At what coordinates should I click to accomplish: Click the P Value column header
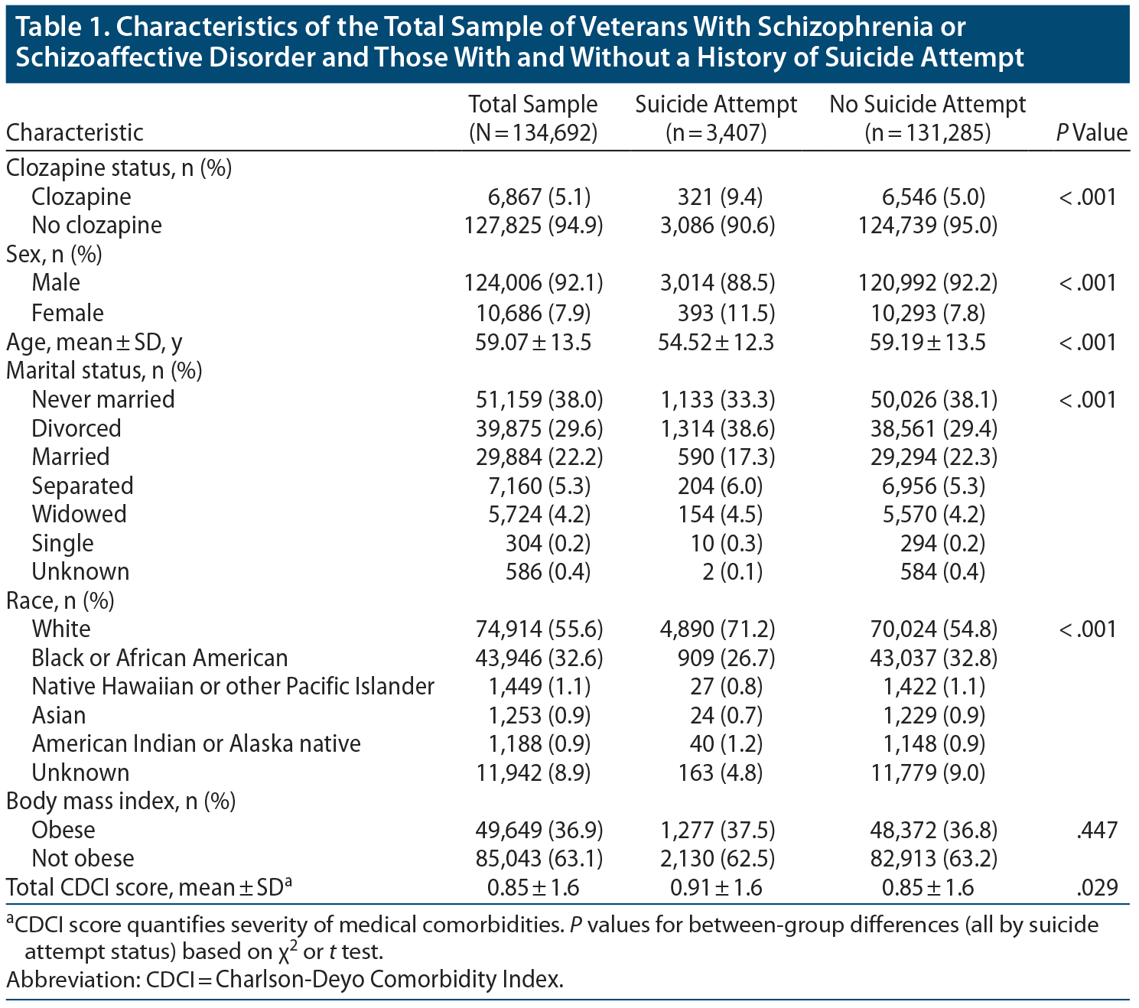click(1092, 132)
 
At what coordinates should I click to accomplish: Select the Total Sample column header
click(532, 118)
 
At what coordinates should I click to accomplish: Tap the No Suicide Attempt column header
click(927, 118)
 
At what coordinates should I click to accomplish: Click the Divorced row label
click(76, 428)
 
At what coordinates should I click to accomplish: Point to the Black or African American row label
click(160, 658)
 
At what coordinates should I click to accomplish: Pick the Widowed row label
click(79, 514)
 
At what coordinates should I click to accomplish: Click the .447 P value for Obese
click(1096, 830)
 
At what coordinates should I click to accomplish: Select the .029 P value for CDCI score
click(1096, 887)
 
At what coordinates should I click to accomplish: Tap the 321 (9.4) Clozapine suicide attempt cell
click(720, 197)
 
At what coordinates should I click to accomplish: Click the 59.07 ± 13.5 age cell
click(533, 342)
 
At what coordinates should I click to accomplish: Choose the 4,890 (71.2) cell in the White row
click(717, 629)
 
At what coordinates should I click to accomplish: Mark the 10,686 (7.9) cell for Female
click(533, 313)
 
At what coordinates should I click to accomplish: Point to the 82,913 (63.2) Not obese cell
click(933, 858)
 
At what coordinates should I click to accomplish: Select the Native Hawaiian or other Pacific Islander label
click(233, 686)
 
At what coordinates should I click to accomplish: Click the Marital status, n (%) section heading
click(104, 371)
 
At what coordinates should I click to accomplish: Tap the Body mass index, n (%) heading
click(121, 801)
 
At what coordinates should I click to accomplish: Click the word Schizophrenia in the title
click(845, 28)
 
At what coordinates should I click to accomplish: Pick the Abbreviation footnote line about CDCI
click(285, 979)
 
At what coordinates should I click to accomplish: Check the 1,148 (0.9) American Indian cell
click(933, 743)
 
